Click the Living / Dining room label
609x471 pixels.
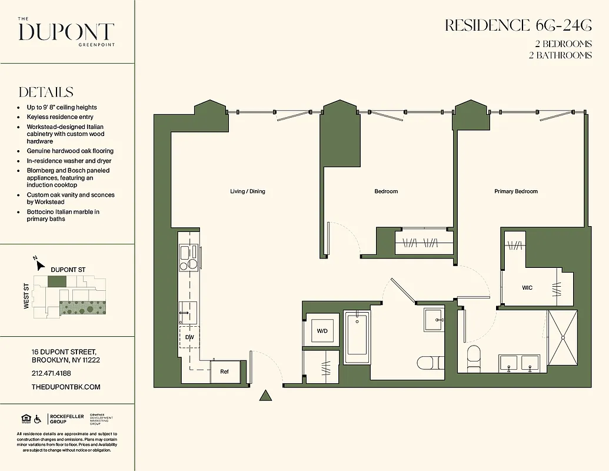pos(247,191)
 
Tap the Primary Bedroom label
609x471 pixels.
pos(515,191)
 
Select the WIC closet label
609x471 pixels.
pos(527,287)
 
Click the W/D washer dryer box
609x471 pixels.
pos(322,331)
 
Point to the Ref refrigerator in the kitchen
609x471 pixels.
pos(224,372)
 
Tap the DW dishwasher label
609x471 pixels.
pos(189,337)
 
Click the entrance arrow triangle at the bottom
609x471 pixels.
pos(266,396)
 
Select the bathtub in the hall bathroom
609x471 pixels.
pos(356,338)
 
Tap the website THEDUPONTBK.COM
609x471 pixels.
pos(66,387)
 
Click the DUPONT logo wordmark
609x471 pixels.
pos(66,32)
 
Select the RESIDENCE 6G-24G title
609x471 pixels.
pos(518,25)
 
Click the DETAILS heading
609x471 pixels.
pos(46,92)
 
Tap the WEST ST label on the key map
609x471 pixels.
pos(26,296)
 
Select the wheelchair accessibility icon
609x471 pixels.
pos(38,419)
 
